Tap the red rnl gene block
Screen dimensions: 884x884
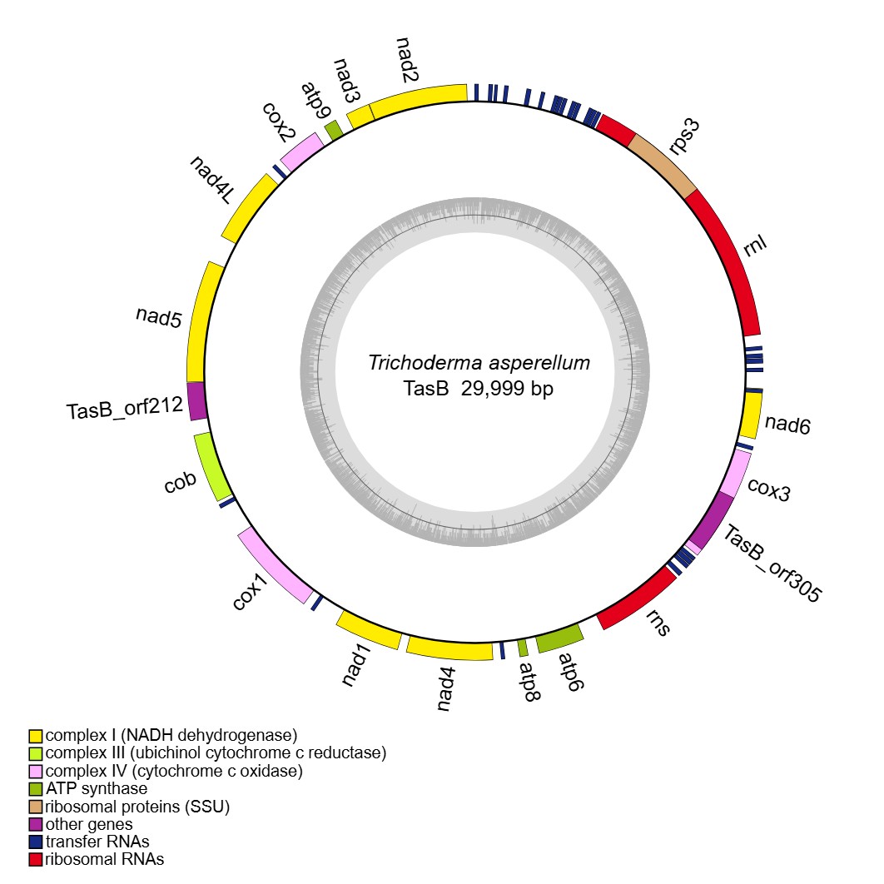point(730,258)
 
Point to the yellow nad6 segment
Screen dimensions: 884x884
point(751,415)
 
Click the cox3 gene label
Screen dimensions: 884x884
point(768,490)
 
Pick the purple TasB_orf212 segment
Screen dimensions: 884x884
point(196,400)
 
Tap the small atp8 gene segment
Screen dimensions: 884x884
point(523,647)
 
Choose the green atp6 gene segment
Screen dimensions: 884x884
point(559,639)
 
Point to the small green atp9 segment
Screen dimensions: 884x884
point(334,130)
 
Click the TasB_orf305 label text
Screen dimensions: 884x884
point(771,563)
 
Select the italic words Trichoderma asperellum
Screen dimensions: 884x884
point(479,364)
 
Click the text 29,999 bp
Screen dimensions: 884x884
point(508,389)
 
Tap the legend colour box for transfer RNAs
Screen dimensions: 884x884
point(35,842)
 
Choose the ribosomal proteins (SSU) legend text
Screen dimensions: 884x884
point(137,806)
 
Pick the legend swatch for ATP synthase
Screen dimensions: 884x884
point(35,788)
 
